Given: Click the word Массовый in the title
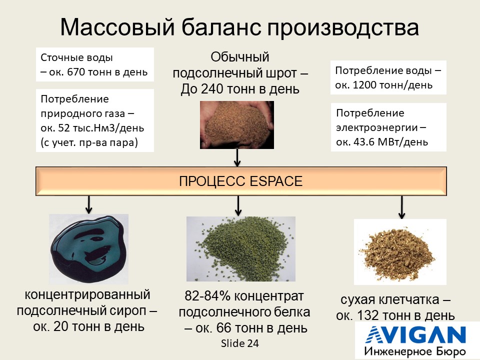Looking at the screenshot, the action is point(117,27).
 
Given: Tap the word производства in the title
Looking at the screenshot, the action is point(343,27).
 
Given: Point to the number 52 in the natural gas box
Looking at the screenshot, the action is point(64,127).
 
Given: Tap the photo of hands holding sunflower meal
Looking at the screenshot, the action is point(237,125).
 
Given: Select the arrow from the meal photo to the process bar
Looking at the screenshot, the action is point(237,157).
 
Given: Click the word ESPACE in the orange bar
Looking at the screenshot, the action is point(276,181).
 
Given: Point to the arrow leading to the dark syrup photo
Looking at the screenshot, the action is point(89,204).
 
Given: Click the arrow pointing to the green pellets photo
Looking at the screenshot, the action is point(238,205).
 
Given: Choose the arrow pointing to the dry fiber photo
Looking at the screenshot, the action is point(401,207).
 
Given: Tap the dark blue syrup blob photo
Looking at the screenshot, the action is point(89,248).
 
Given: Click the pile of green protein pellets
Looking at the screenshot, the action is point(241,249).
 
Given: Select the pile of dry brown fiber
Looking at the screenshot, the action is point(400,252).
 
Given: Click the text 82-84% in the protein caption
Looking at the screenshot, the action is point(207,296).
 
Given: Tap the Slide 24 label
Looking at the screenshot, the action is point(240,343).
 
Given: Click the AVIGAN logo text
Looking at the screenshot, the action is point(416,334).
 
